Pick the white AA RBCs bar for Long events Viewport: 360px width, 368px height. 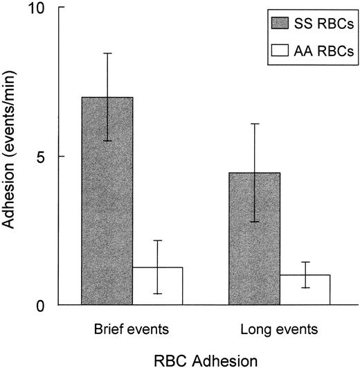tap(305, 290)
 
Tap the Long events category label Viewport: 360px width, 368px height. tap(280, 325)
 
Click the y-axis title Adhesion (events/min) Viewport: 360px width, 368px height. tap(12, 157)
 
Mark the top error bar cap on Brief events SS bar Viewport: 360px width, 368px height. tap(107, 53)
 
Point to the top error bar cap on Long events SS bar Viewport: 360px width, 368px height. tap(255, 123)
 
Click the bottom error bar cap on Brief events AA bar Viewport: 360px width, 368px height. tap(157, 294)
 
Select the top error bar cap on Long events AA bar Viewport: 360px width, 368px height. tap(305, 262)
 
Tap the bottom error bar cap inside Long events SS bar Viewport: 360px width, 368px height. tap(255, 222)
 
